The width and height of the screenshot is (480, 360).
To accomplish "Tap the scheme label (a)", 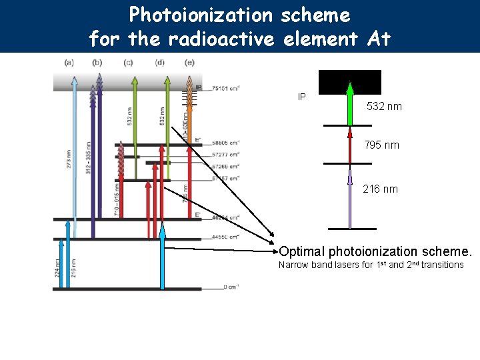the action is tap(69, 63).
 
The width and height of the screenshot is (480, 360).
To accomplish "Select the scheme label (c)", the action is tap(128, 63).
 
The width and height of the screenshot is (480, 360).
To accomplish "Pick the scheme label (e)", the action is tap(190, 63).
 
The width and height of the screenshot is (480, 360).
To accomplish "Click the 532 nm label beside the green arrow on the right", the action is tap(384, 106).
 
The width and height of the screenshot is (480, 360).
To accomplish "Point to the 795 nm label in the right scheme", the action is tap(381, 145).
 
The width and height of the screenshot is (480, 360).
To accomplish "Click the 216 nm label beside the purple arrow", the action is tap(380, 189).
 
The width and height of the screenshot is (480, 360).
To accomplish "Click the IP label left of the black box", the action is tap(302, 97).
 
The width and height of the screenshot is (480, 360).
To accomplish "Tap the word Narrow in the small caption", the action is tap(294, 265).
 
